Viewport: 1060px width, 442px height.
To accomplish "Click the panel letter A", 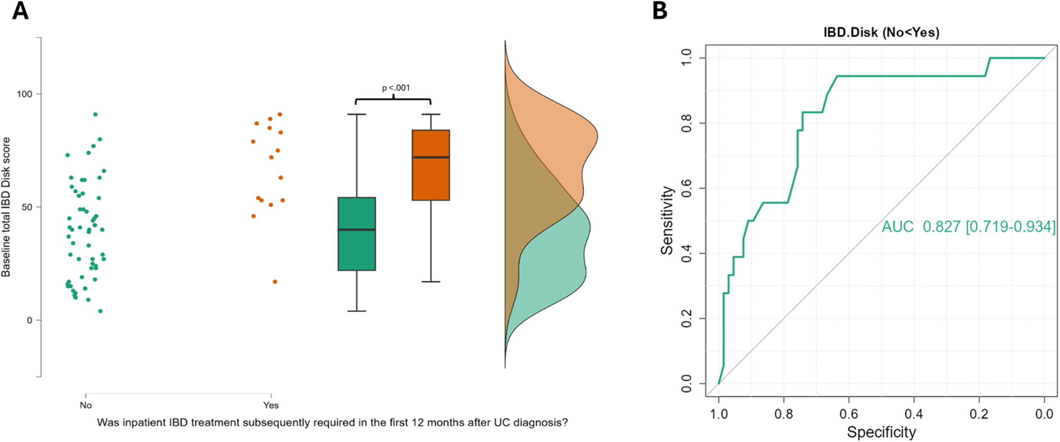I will coord(20,11).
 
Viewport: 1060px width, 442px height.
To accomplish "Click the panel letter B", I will coord(660,11).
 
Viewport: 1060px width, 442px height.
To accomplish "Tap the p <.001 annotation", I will coord(396,88).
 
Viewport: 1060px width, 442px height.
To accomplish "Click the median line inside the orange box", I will coord(430,157).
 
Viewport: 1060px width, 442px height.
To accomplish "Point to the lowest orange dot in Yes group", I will coord(275,282).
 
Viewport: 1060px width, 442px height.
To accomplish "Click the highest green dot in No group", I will coord(95,114).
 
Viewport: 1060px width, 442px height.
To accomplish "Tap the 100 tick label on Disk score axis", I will coord(24,94).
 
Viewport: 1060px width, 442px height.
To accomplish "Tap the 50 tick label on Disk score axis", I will coord(27,207).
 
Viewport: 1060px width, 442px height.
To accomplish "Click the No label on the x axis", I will coord(86,405).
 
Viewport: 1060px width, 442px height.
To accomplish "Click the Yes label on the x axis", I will coord(271,405).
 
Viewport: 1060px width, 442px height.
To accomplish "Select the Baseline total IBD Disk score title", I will coord(6,207).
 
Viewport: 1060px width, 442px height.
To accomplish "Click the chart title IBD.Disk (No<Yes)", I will coord(881,33).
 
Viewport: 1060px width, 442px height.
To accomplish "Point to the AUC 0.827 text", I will coord(968,227).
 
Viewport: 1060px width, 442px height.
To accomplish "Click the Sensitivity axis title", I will coord(667,220).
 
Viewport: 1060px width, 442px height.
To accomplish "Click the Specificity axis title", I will coord(881,432).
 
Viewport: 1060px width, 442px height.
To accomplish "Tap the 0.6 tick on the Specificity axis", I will coord(848,414).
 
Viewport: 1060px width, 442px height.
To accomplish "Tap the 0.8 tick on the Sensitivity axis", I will coord(686,123).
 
